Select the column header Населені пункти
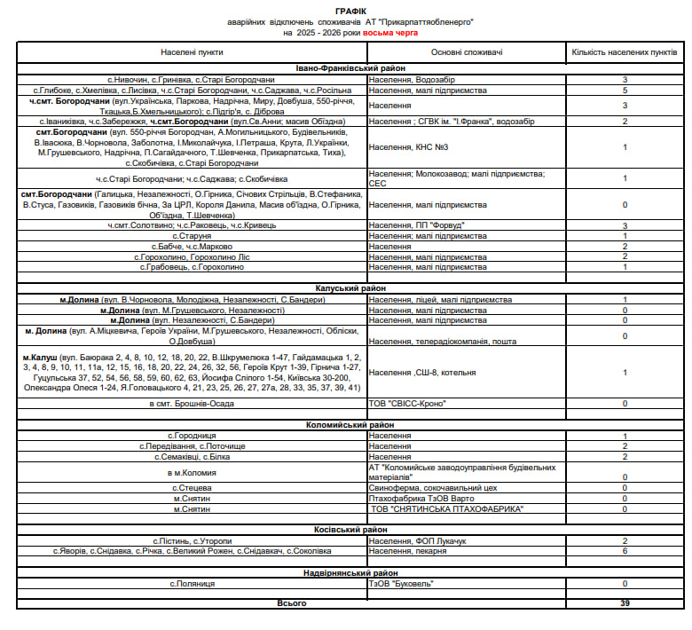(x=192, y=52)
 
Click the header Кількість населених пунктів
(x=625, y=52)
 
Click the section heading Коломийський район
(x=350, y=426)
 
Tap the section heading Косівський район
(x=350, y=530)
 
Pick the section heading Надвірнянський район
(x=350, y=573)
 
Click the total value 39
(x=625, y=603)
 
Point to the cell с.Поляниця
(x=192, y=584)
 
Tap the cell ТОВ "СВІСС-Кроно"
(x=407, y=404)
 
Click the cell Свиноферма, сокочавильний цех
(x=434, y=488)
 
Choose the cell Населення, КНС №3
(x=409, y=147)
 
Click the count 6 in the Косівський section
(x=625, y=551)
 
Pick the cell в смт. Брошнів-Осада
(x=192, y=404)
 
